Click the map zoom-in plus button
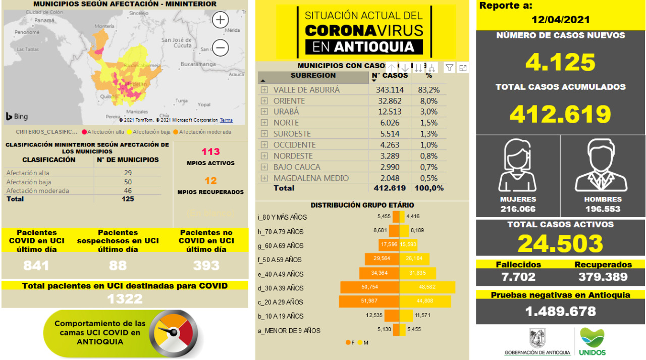tap(221, 20)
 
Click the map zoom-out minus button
tap(221, 48)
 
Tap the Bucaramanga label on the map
tap(198, 64)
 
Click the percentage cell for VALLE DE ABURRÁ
tap(428, 89)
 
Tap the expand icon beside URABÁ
tap(264, 112)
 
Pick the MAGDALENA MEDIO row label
tap(311, 178)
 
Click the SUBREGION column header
tap(313, 76)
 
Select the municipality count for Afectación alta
tap(128, 173)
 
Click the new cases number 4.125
tap(560, 62)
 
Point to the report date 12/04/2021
tap(560, 20)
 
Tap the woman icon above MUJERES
tap(518, 165)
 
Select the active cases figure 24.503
tap(560, 243)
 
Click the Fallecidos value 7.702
tap(518, 277)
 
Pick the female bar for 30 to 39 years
tap(369, 288)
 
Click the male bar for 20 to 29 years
tap(425, 302)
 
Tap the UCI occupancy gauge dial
tap(174, 332)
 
